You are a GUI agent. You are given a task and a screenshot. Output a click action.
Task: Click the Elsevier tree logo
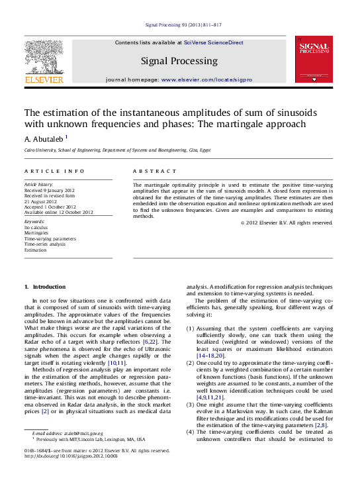[44, 56]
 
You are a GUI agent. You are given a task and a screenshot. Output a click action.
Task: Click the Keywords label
[35, 221]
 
